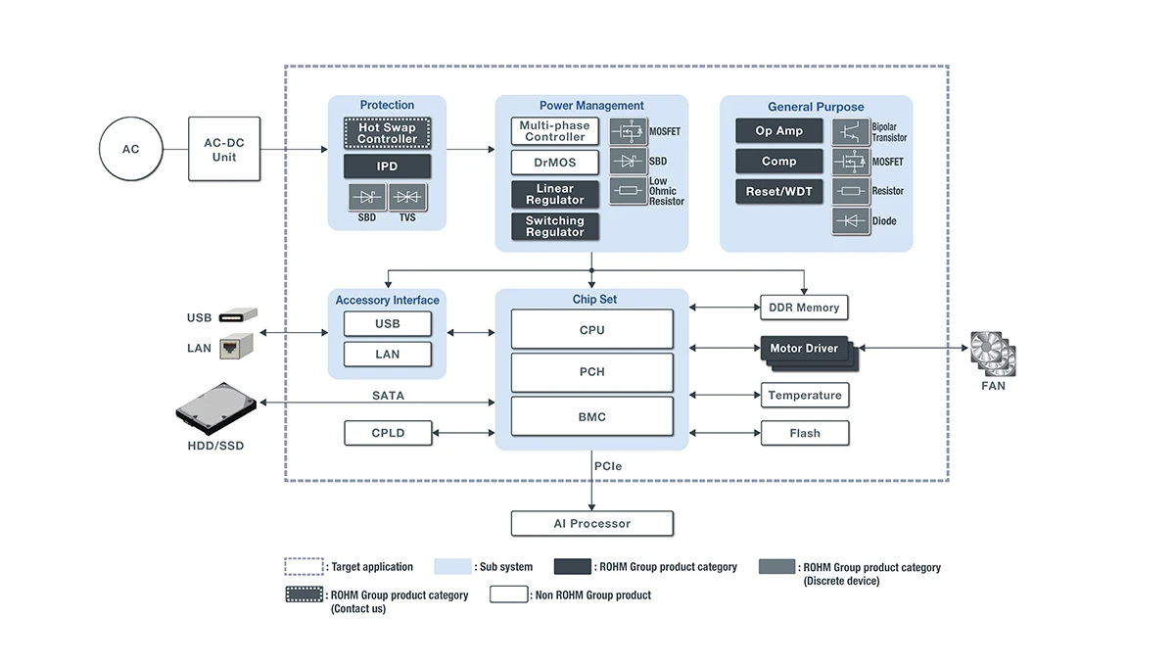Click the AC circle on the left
130,149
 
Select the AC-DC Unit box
225,149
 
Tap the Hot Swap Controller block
387,133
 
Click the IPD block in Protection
387,166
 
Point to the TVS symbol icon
407,198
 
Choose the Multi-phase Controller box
554,131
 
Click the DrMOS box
554,163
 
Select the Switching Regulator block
554,226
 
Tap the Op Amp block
778,131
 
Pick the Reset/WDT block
778,191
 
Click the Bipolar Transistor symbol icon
851,132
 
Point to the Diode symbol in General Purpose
851,221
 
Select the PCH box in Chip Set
592,373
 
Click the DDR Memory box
804,308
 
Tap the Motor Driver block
804,350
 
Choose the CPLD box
388,433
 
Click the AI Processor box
592,524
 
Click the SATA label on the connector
388,396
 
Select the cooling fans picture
993,354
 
